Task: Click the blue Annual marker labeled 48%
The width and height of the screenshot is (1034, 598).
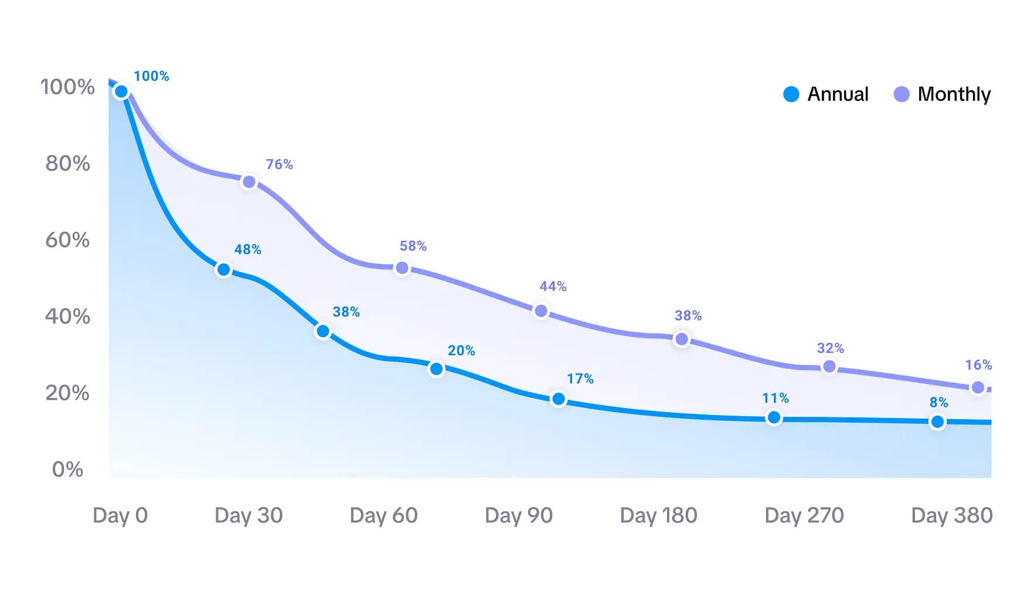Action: click(x=223, y=270)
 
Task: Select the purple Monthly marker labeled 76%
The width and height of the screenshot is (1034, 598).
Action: click(x=249, y=182)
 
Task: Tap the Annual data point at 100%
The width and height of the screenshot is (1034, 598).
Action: click(x=121, y=91)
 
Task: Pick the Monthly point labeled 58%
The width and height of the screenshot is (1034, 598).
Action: click(x=402, y=268)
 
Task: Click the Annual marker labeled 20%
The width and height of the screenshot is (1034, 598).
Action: click(x=436, y=369)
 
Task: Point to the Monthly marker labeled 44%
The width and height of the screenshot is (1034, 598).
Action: click(x=541, y=311)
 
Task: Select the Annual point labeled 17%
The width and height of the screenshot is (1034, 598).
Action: click(x=559, y=399)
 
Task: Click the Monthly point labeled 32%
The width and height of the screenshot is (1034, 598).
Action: click(x=829, y=366)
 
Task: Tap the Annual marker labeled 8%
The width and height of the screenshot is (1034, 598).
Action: click(x=937, y=422)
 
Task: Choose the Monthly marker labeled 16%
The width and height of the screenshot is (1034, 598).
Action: click(x=978, y=388)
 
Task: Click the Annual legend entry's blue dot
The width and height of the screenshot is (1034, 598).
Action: click(x=791, y=94)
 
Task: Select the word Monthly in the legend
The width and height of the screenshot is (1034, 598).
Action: click(x=954, y=94)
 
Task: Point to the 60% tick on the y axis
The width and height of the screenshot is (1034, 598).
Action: click(x=67, y=240)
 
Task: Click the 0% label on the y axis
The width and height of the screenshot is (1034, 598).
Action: click(x=67, y=469)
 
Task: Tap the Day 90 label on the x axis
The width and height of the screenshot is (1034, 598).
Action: click(x=519, y=515)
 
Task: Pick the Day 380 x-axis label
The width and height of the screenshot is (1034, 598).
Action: click(x=951, y=515)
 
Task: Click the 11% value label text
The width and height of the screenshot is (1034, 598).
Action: click(x=775, y=398)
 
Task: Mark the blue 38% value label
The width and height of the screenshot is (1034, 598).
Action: click(x=346, y=312)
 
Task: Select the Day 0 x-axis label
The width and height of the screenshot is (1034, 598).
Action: click(x=120, y=515)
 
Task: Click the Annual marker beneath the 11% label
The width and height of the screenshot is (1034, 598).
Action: click(x=774, y=417)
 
